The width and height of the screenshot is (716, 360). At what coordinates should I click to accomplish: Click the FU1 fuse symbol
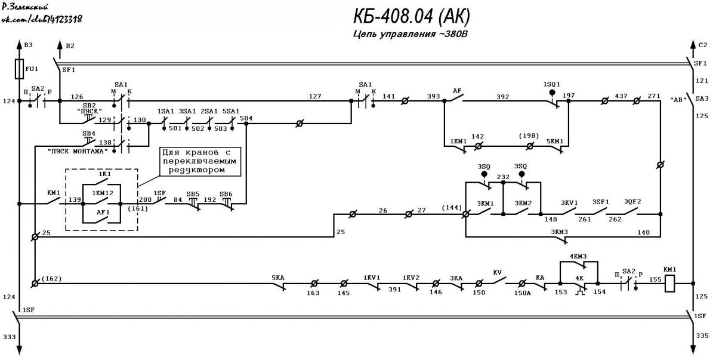pos(19,69)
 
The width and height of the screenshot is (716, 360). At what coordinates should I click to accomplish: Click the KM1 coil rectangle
pos(669,283)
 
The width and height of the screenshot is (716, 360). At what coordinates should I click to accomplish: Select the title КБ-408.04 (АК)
pos(412,16)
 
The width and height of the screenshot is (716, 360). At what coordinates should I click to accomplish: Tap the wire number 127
pos(315,96)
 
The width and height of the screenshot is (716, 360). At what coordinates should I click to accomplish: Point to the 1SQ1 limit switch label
pos(551,84)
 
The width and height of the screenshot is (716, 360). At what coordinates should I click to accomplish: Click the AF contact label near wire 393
pos(457,91)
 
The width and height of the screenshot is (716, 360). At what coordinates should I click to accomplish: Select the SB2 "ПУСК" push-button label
pos(89,109)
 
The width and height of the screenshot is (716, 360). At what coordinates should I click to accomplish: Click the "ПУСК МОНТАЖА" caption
pos(78,151)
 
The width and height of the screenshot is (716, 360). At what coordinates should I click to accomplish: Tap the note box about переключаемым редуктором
pos(200,161)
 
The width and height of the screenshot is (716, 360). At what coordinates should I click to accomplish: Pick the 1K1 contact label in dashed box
pos(104,174)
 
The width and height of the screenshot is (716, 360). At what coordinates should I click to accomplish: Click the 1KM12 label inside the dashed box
pos(103,193)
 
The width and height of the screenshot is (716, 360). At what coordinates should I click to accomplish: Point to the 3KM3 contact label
pos(560,232)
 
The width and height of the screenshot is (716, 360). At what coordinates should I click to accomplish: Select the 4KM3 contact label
pos(578,256)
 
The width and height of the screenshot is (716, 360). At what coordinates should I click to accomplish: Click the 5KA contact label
pos(278,278)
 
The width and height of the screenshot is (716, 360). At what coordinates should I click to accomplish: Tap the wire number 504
pos(246,118)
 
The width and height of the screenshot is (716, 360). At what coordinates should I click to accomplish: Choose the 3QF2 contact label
pos(632,202)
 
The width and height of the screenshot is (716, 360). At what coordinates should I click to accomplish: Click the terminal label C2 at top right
pos(703,45)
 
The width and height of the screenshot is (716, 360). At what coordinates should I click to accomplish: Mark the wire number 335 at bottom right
pos(702,336)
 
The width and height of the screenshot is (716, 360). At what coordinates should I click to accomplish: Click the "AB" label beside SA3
pos(678,100)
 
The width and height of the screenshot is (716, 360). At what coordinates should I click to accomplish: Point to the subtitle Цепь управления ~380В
pos(411,34)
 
